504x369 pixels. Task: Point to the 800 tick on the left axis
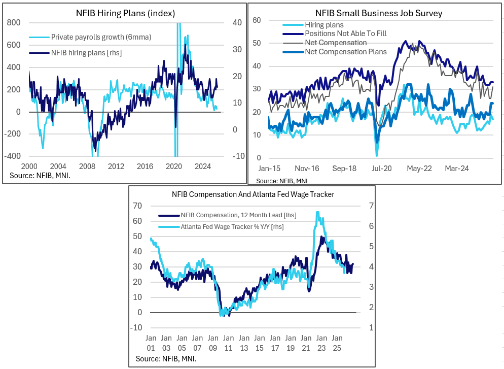14,22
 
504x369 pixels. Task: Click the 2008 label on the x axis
87,166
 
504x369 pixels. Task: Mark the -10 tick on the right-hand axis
238,156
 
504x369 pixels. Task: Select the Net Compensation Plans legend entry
346,51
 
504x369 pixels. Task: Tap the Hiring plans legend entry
324,25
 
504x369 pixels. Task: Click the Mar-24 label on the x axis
457,167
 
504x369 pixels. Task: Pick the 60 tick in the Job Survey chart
257,20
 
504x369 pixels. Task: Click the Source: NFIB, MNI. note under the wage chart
166,359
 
